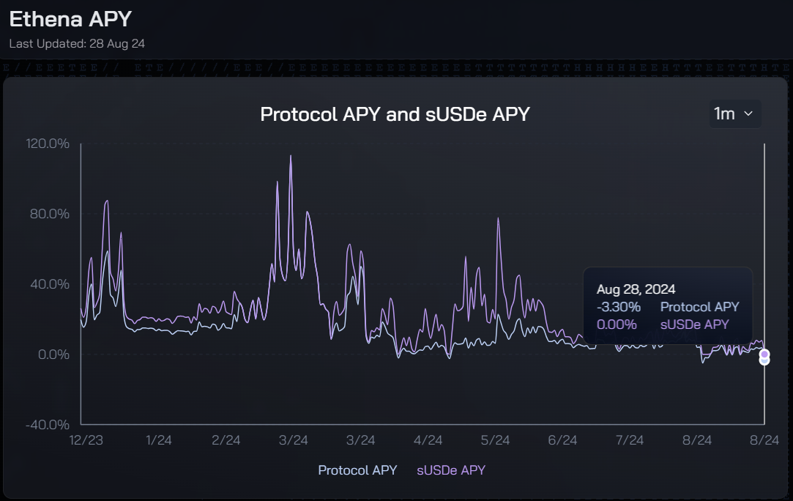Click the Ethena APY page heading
coord(70,19)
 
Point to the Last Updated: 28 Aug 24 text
coord(77,43)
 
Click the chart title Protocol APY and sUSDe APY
coord(395,114)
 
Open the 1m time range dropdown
coord(734,114)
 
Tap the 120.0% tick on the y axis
coord(48,144)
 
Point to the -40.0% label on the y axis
coord(48,425)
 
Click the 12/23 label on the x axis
coord(86,440)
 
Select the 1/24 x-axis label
coord(159,440)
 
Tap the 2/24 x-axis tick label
coord(226,440)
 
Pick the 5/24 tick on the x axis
coord(495,440)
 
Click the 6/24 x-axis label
coord(562,440)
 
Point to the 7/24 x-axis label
coord(630,440)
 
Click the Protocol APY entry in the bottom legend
coord(357,470)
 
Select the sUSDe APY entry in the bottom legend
coord(451,470)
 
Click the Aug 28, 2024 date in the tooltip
coord(636,289)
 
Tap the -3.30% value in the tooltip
coord(619,307)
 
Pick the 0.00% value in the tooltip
coord(617,324)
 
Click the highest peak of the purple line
coord(291,156)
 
